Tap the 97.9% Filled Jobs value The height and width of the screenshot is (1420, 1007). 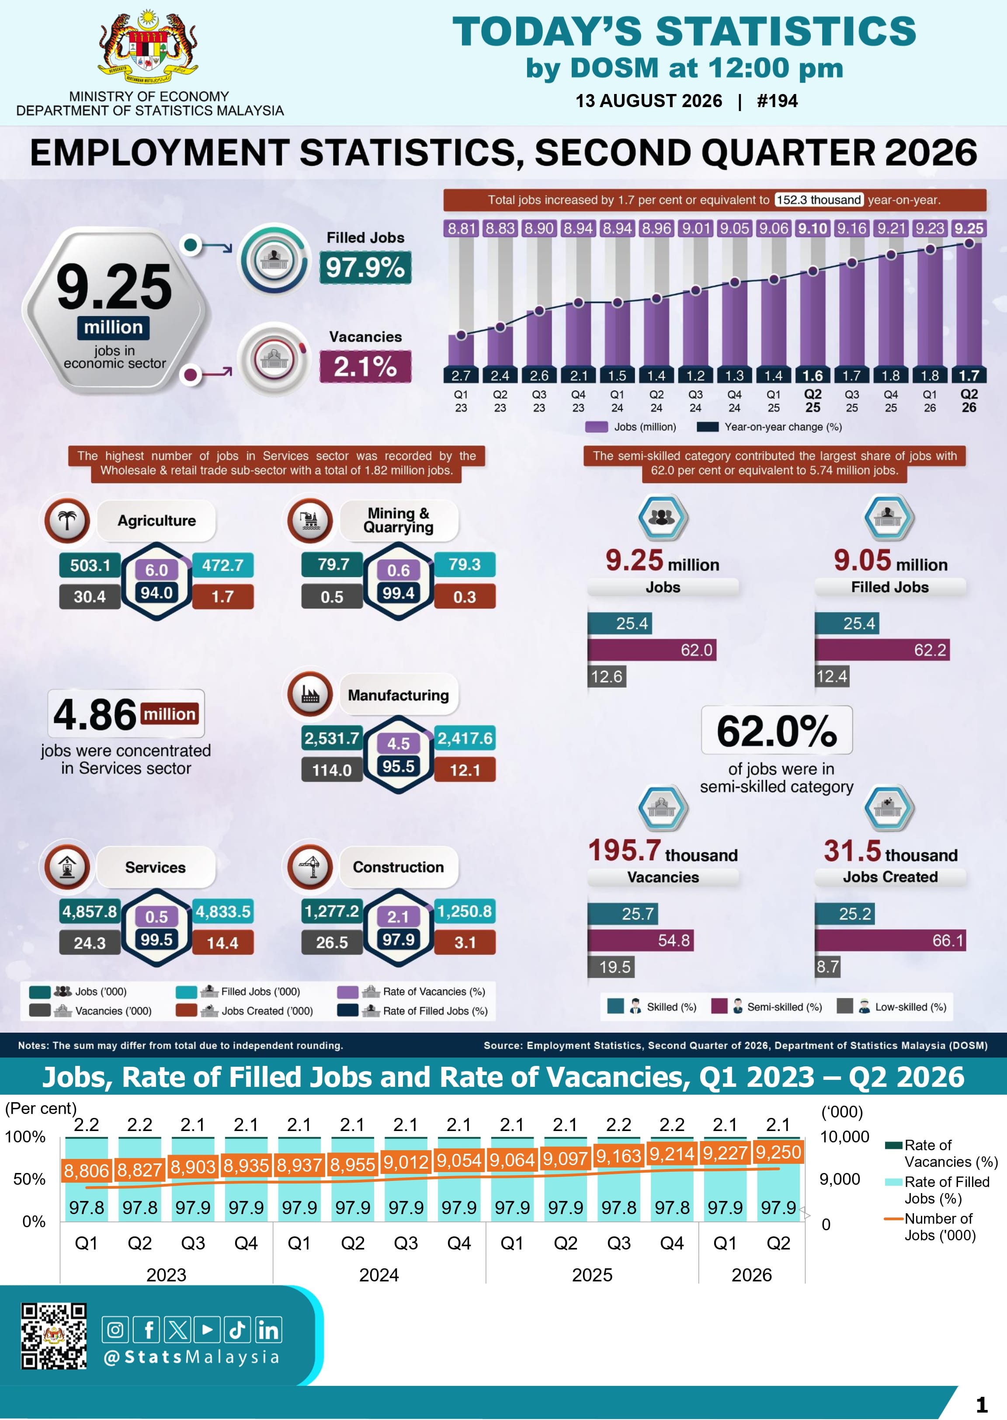(x=365, y=267)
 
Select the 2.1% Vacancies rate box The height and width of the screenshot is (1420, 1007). (x=365, y=366)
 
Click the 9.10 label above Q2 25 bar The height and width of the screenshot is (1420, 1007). (x=813, y=228)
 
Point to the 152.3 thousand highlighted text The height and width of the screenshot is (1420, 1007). (x=819, y=200)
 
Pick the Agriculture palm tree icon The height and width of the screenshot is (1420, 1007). (x=67, y=520)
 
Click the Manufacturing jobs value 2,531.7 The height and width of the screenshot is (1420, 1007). (x=332, y=738)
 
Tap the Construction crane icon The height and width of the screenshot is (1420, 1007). (x=310, y=867)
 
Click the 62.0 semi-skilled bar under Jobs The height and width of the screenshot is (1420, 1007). (x=652, y=650)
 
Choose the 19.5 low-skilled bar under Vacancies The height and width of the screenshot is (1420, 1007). (x=611, y=967)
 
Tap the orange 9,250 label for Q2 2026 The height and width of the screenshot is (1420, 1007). (x=778, y=1152)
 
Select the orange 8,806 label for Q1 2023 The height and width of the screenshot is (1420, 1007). (x=86, y=1171)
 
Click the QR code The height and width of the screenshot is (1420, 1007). (x=54, y=1336)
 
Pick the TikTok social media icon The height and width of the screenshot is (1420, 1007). (x=237, y=1330)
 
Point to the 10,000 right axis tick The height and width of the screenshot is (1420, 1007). (x=844, y=1137)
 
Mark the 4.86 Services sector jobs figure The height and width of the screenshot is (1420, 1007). (x=95, y=714)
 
